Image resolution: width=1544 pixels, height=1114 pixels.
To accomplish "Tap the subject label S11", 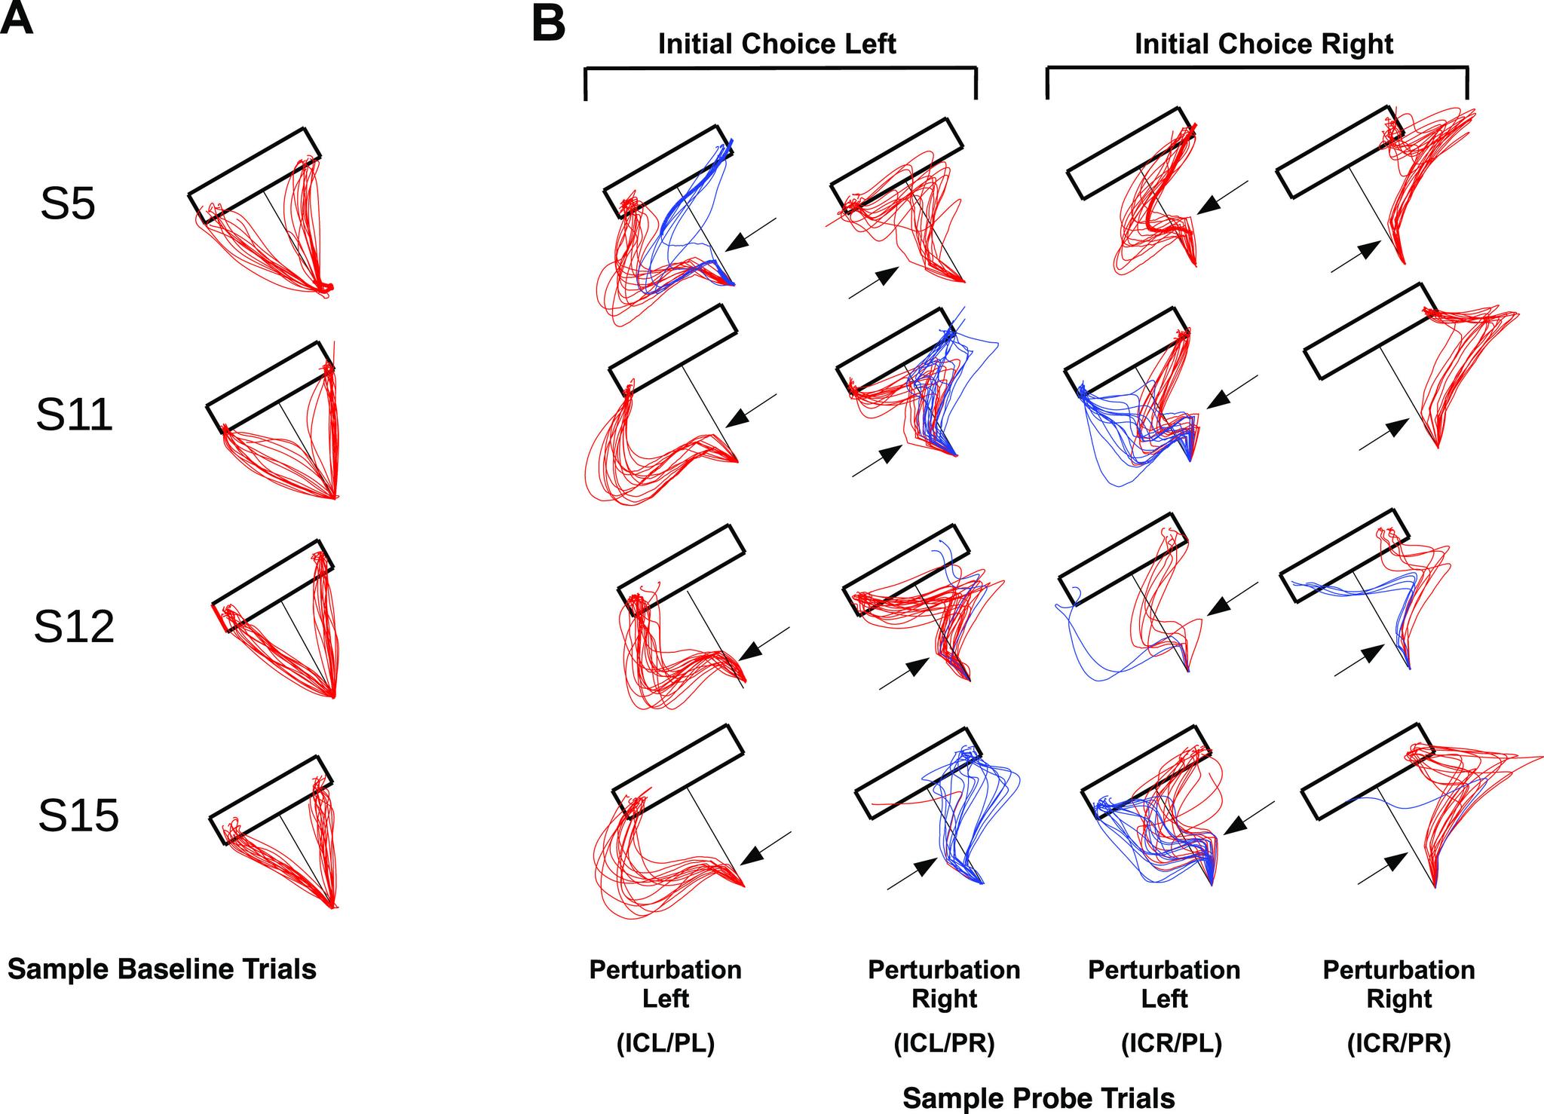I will click(x=74, y=415).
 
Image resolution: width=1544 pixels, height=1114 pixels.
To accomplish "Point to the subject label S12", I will click(x=74, y=627).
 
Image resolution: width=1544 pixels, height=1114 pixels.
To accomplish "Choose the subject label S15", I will click(x=78, y=816).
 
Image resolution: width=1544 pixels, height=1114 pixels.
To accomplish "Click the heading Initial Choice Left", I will click(x=777, y=44).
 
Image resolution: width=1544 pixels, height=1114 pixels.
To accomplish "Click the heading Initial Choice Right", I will click(x=1264, y=44).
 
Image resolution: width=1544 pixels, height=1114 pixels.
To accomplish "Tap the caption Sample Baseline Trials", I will click(x=162, y=969).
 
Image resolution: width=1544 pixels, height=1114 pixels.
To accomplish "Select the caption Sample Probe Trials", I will click(x=1038, y=1098).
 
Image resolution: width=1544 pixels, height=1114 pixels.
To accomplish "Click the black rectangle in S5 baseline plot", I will click(x=254, y=175).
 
